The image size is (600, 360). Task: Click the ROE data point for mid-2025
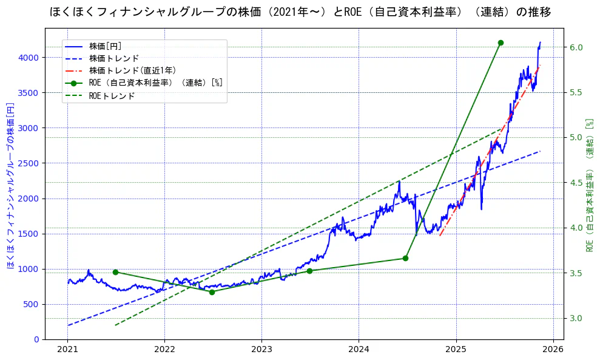click(501, 42)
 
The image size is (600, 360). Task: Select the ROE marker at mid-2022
click(212, 292)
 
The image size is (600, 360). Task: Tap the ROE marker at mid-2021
click(115, 272)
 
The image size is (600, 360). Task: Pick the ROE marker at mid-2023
click(309, 271)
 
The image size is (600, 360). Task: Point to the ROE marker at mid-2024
click(405, 258)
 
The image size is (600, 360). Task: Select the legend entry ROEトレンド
click(112, 96)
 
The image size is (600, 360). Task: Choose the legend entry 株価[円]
click(106, 46)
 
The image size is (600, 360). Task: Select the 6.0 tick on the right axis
click(576, 47)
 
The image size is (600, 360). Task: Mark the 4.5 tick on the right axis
click(576, 183)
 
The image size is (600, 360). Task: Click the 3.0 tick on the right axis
click(576, 318)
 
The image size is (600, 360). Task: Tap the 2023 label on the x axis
click(261, 350)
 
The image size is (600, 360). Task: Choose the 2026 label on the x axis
click(553, 350)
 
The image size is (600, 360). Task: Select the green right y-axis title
click(589, 185)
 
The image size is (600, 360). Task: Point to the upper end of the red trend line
click(539, 66)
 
